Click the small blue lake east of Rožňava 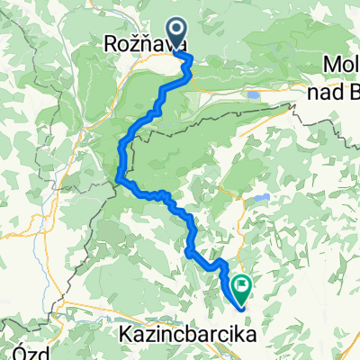(255, 94)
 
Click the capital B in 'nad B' (353, 87)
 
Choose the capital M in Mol (330, 65)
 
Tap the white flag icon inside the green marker (242, 285)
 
